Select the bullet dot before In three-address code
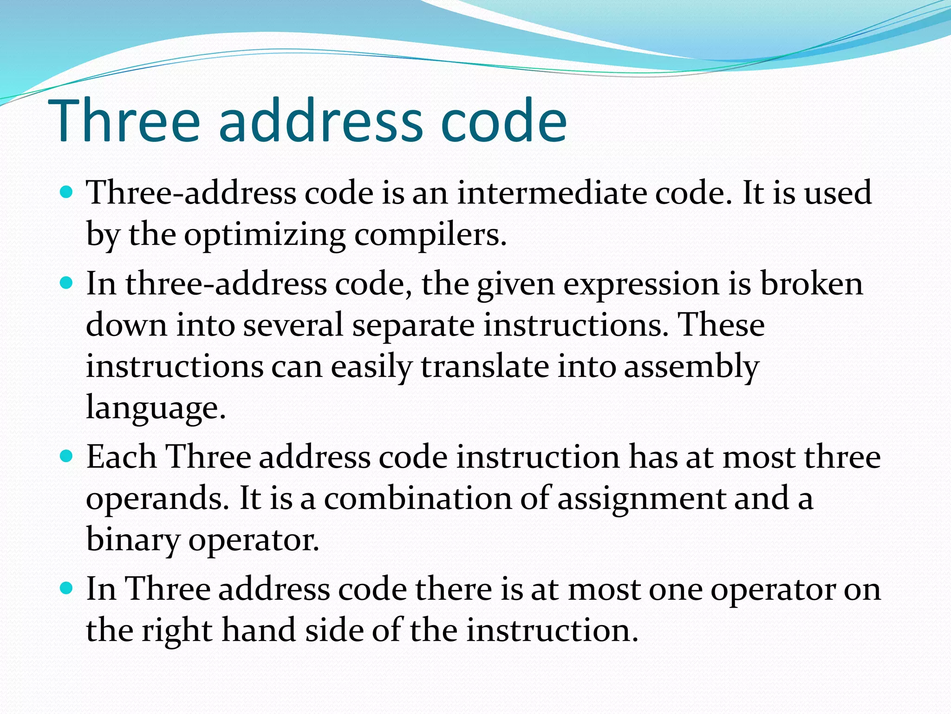(x=67, y=283)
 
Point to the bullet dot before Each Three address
(x=67, y=456)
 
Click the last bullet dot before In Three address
(x=67, y=588)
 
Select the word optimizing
(x=265, y=235)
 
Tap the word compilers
(x=430, y=235)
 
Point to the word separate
(x=413, y=325)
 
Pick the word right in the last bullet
(x=177, y=631)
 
